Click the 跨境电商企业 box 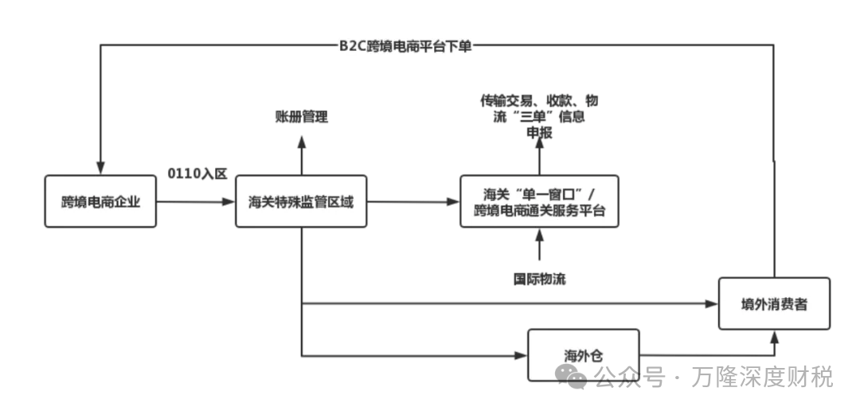100,202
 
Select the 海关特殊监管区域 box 301,202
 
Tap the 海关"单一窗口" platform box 539,202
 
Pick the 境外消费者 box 774,303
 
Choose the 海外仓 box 584,354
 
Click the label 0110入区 197,173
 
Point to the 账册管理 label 301,116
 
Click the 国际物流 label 539,280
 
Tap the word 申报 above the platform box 539,133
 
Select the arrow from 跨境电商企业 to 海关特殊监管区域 195,202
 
